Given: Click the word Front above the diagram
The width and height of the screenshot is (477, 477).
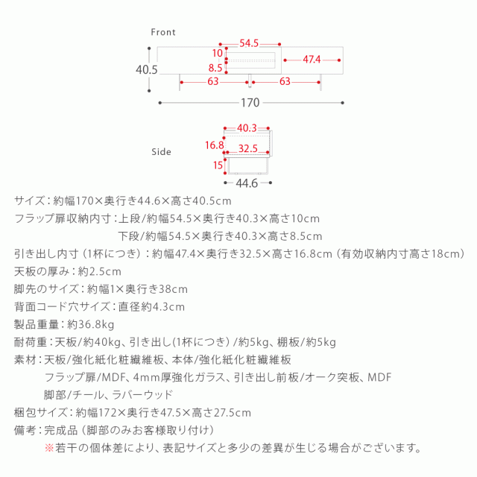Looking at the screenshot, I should point(162,32).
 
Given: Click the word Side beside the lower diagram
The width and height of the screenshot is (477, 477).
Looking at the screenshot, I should point(161,151).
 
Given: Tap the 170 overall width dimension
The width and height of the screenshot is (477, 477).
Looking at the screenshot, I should point(250,103).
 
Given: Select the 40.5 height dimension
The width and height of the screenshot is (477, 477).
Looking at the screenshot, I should point(147,69).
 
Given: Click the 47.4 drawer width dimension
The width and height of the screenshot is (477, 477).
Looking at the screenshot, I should point(311,59).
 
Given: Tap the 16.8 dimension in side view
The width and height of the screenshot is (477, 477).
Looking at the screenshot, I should point(215,145).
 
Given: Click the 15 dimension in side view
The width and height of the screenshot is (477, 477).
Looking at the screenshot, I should point(218,165).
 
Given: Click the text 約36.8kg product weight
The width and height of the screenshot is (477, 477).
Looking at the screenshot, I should point(91,325).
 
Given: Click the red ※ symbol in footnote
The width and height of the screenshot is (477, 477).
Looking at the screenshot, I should point(49,448).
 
